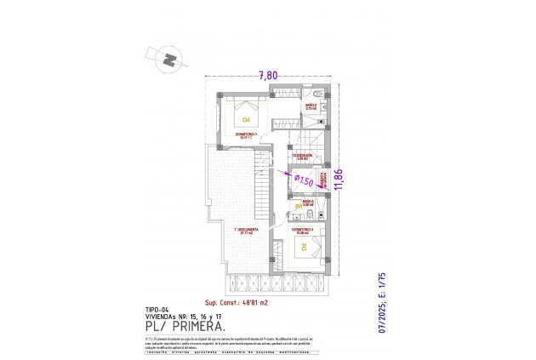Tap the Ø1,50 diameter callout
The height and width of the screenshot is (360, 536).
pyautogui.click(x=304, y=180)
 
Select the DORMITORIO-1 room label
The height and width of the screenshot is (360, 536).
pyautogui.click(x=247, y=134)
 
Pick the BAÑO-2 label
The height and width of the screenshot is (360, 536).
pyautogui.click(x=311, y=105)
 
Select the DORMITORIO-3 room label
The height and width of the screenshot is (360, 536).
pyautogui.click(x=303, y=229)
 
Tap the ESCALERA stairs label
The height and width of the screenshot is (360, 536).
pyautogui.click(x=302, y=156)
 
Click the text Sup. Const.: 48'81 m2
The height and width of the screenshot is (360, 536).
pyautogui.click(x=237, y=302)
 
